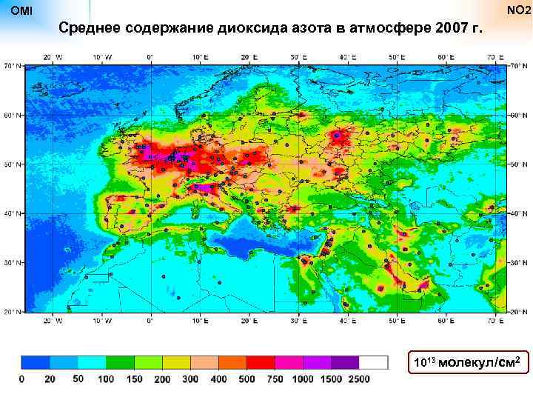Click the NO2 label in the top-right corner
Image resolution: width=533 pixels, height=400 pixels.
click(x=518, y=11)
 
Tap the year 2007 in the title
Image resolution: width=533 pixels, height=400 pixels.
click(x=452, y=29)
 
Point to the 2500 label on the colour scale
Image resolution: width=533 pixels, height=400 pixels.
click(x=358, y=379)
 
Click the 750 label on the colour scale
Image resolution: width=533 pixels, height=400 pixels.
click(x=274, y=379)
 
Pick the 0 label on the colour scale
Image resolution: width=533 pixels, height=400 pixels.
click(x=21, y=379)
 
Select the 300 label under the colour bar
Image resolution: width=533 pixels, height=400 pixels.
click(x=190, y=379)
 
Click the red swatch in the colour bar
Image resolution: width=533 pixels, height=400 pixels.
click(x=260, y=362)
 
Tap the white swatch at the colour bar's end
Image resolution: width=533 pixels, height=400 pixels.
click(x=373, y=362)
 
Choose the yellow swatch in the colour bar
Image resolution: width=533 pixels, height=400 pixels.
click(x=176, y=362)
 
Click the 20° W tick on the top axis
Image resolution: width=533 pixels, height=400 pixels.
click(x=51, y=56)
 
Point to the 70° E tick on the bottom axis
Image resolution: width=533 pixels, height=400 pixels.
click(x=495, y=321)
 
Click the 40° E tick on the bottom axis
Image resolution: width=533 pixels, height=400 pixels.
click(x=347, y=321)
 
